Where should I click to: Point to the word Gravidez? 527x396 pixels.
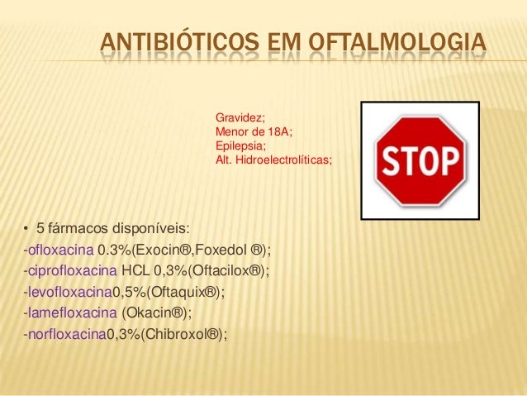point(235,118)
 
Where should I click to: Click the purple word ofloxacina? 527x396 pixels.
point(61,249)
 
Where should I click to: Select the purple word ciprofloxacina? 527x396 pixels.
point(72,270)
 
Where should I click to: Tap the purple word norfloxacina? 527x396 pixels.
point(66,335)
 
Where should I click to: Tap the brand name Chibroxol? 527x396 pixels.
point(174,335)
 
